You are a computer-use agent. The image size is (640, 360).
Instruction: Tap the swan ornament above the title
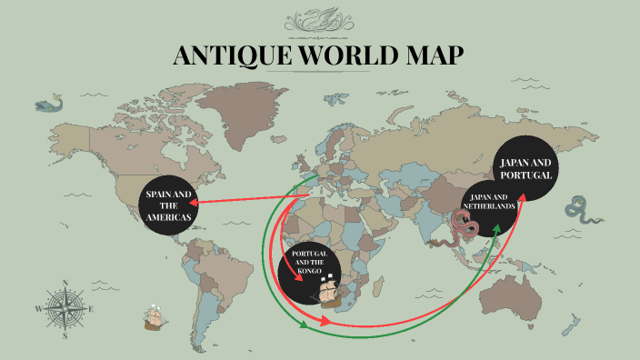pos(320,19)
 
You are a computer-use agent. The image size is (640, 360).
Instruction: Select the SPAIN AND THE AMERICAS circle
pos(168,210)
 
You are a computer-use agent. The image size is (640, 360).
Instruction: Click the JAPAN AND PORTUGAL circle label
pos(526,167)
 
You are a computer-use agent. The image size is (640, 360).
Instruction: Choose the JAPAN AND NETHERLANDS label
pos(492,201)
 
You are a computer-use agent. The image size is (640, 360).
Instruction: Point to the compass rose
pos(65,308)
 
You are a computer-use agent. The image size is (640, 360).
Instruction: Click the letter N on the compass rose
pos(65,282)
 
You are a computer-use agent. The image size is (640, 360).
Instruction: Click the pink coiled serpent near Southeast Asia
pos(452,233)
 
